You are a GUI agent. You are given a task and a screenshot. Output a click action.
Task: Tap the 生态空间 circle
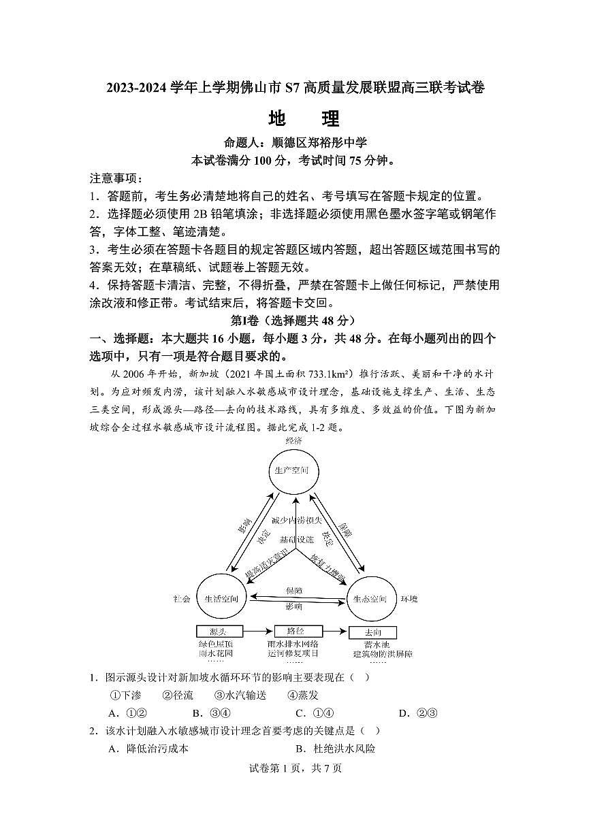[x=370, y=599]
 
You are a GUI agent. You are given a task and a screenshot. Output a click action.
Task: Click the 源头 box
[x=219, y=632]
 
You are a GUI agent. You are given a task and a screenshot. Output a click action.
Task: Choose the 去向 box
[x=372, y=632]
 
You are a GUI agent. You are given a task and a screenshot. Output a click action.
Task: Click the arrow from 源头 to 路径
[x=258, y=632]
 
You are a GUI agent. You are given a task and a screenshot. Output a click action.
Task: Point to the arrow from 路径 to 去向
[x=334, y=632]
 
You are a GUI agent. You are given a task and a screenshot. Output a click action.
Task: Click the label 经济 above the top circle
[x=293, y=440]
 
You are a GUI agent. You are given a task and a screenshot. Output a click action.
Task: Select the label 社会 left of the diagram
[x=182, y=599]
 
